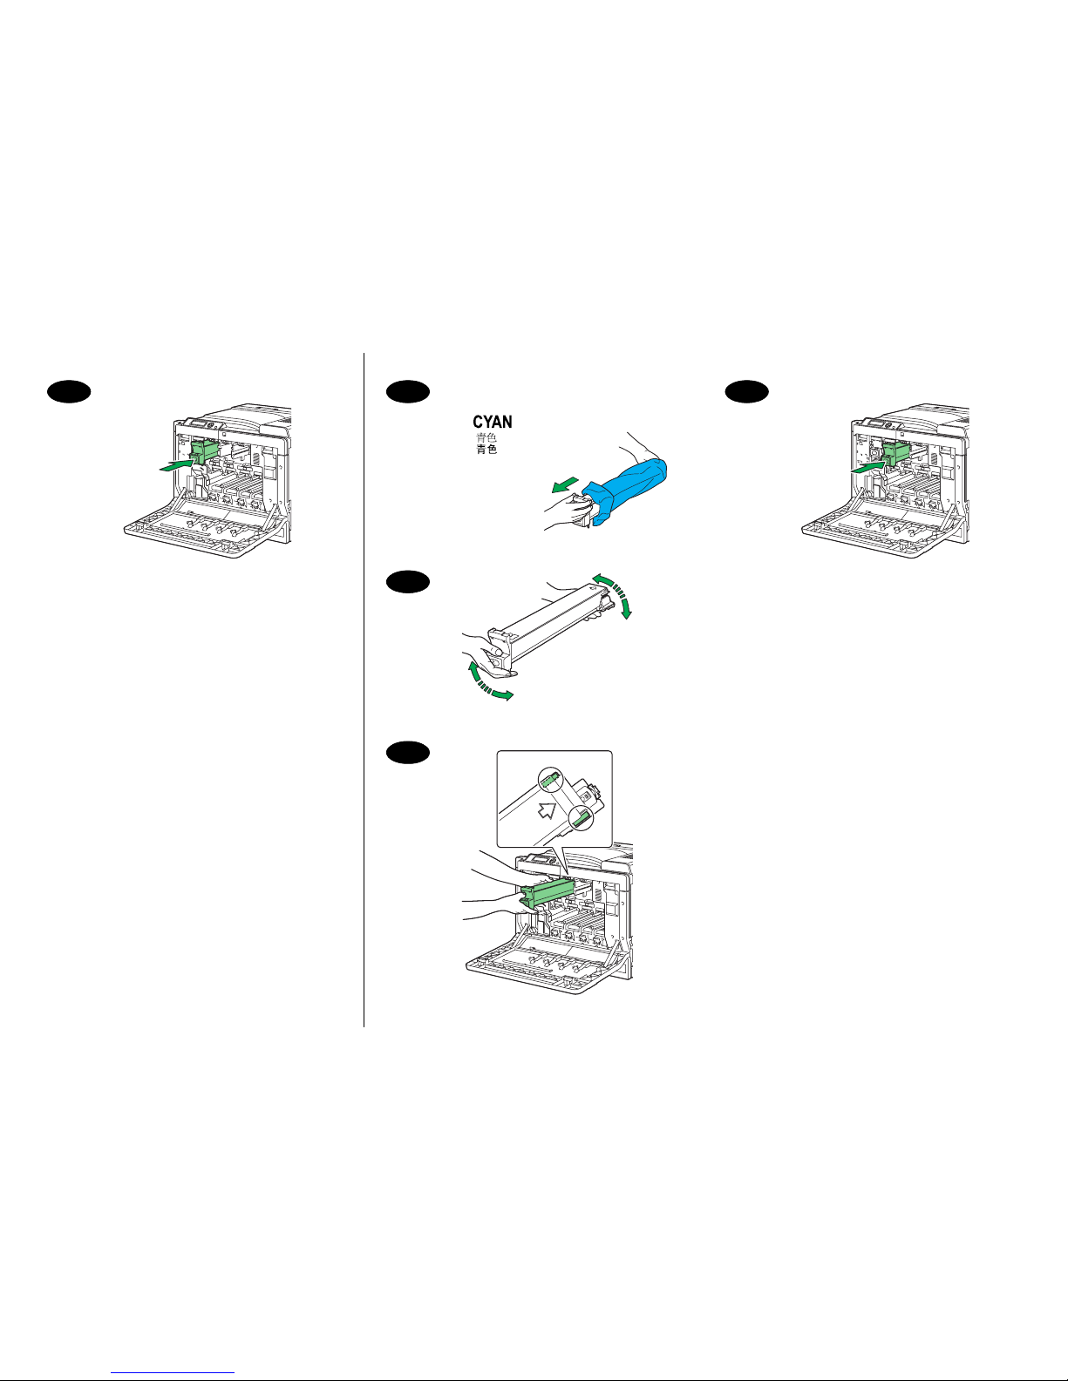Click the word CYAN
492,422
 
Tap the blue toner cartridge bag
626,489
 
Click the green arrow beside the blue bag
565,485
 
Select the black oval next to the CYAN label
408,391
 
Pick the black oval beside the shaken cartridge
408,581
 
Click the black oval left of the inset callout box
408,753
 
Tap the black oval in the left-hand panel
69,391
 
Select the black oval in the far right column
747,391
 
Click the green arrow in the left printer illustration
176,466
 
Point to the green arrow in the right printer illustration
867,467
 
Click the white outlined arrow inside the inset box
547,810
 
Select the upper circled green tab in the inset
550,779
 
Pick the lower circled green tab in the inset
580,818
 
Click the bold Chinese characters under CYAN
486,450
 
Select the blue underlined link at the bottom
173,1373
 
